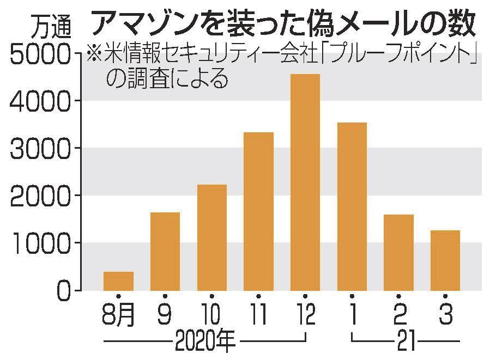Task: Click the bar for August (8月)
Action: pos(118,280)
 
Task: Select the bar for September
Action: pos(165,251)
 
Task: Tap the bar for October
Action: pos(211,237)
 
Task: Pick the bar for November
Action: pos(258,211)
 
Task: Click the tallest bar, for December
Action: pos(305,182)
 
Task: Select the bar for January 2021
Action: pos(352,206)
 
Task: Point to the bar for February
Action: pos(398,252)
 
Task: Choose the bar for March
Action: pos(445,260)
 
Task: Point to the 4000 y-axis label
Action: pos(41,101)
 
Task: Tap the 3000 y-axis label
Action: pos(41,148)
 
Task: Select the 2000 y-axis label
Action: pos(41,196)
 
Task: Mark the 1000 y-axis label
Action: pos(41,243)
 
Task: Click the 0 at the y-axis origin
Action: pos(64,290)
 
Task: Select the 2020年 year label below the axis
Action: pos(205,343)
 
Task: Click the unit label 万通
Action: pos(49,25)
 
